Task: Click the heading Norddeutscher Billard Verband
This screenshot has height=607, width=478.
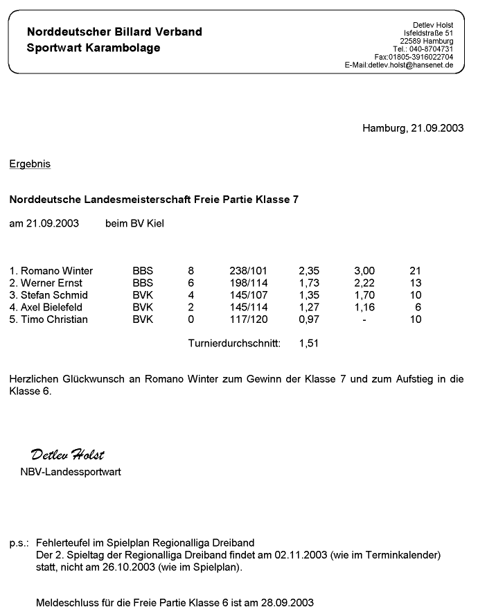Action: click(114, 32)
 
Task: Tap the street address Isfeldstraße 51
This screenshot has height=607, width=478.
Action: click(428, 33)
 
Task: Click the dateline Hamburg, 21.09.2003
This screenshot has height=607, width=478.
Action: click(413, 127)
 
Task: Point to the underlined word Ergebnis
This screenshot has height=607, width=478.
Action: click(30, 164)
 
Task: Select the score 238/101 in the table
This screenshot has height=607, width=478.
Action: click(248, 271)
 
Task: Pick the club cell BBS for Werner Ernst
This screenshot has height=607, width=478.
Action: click(143, 283)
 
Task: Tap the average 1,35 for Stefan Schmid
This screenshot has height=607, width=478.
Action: click(308, 295)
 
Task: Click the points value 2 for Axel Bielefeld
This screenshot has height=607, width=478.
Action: click(191, 307)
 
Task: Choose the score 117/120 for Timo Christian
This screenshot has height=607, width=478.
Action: click(248, 319)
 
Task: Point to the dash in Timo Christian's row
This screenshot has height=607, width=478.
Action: click(364, 319)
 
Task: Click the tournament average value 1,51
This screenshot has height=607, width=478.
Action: click(308, 343)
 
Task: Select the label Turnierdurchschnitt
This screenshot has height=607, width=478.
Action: click(234, 343)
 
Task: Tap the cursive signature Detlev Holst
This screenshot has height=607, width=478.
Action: click(67, 455)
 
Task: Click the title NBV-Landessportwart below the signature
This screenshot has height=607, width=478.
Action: click(71, 472)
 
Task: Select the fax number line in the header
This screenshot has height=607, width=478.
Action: click(414, 57)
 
